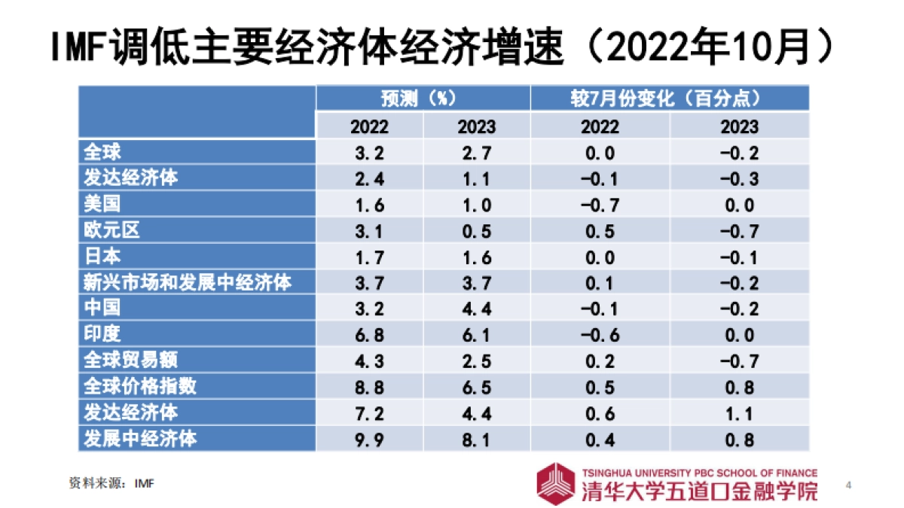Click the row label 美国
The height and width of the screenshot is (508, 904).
coord(102,205)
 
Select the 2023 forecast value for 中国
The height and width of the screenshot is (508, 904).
coord(476,309)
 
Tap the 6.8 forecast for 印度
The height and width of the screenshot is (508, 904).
coord(369,335)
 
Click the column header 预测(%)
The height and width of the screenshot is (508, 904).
coord(422,99)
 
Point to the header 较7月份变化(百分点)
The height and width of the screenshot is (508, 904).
coord(669,99)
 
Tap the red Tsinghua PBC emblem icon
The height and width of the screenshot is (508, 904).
coord(556,483)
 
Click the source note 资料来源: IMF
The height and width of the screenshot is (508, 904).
coord(111,483)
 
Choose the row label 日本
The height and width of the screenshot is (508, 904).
coord(102,257)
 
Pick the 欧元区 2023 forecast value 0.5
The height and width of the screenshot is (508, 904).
coord(476,231)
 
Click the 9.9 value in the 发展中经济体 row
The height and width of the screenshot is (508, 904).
coord(369,439)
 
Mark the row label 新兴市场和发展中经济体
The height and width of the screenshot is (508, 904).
coord(187,283)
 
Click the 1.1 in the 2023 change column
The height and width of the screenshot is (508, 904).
coord(739,412)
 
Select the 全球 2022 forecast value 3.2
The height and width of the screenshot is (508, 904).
coord(369,153)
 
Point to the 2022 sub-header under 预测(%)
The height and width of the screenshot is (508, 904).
coord(369,126)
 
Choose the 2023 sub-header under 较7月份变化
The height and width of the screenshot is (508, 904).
coord(739,126)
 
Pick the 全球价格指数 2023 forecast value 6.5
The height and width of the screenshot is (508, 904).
coord(476,387)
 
